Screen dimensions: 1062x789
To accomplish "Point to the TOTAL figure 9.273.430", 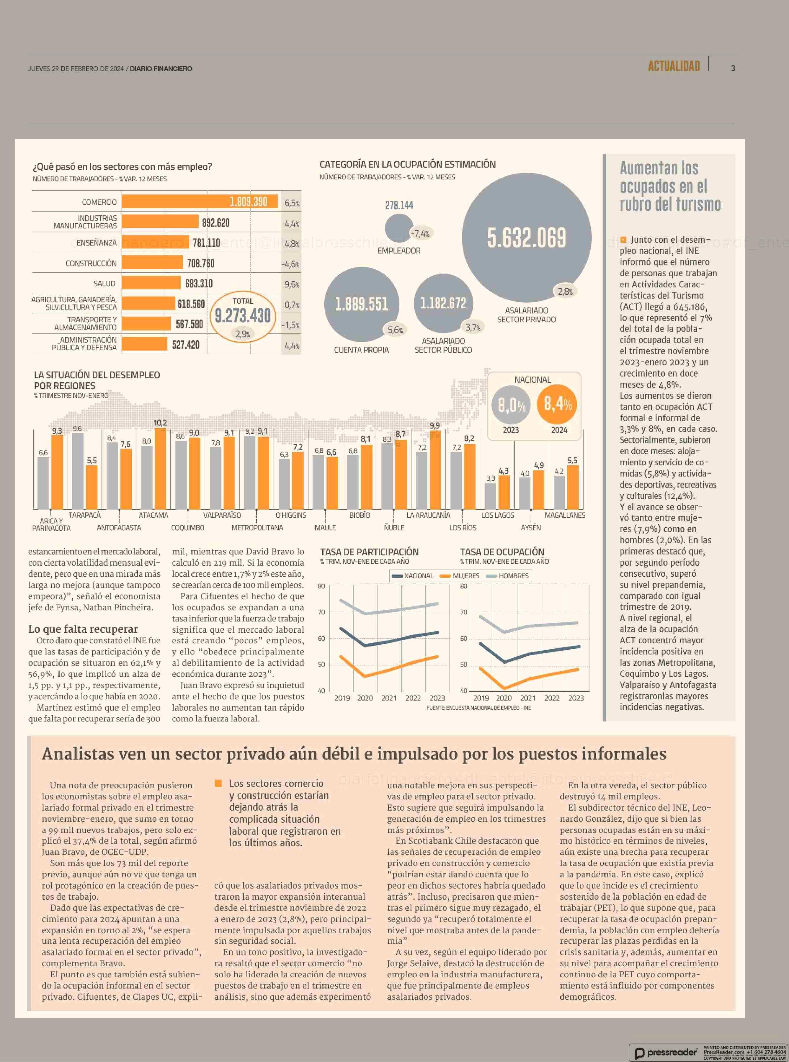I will [x=243, y=316].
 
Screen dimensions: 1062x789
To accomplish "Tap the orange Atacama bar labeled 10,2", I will [x=161, y=468].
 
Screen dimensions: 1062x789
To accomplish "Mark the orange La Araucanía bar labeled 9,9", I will [x=435, y=469].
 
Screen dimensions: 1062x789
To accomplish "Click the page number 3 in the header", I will [x=733, y=68].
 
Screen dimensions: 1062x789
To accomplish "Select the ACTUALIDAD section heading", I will [x=673, y=66].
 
